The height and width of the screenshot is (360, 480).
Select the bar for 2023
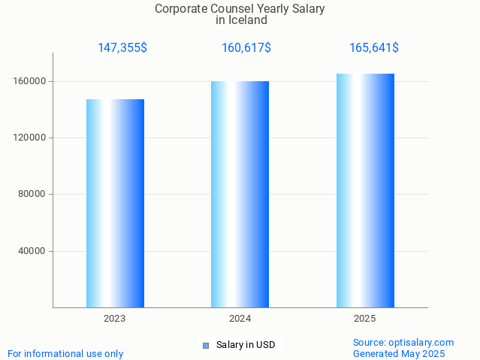coord(115,203)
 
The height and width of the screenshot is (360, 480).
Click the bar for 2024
coord(240,194)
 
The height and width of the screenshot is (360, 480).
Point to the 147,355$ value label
coord(122,48)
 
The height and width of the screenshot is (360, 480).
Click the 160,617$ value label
coord(246,48)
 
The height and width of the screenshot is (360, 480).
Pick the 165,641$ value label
coord(373,48)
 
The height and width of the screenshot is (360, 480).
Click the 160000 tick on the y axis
coord(30,81)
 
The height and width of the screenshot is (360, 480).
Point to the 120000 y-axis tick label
coord(30,138)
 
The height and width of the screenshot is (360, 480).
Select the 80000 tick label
coord(32,194)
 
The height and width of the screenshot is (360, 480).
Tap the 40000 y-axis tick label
coord(32,251)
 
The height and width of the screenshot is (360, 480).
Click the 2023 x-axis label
coord(115,319)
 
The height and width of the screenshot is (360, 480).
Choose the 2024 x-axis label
coord(240,319)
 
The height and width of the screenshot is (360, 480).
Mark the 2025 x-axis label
coord(365,319)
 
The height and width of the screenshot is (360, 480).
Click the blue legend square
coord(206,346)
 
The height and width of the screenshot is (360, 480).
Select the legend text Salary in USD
coord(246,346)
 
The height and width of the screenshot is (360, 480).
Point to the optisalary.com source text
coord(403,342)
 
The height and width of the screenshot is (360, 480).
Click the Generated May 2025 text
coord(399,353)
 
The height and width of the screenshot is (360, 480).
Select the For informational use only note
coord(65,353)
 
